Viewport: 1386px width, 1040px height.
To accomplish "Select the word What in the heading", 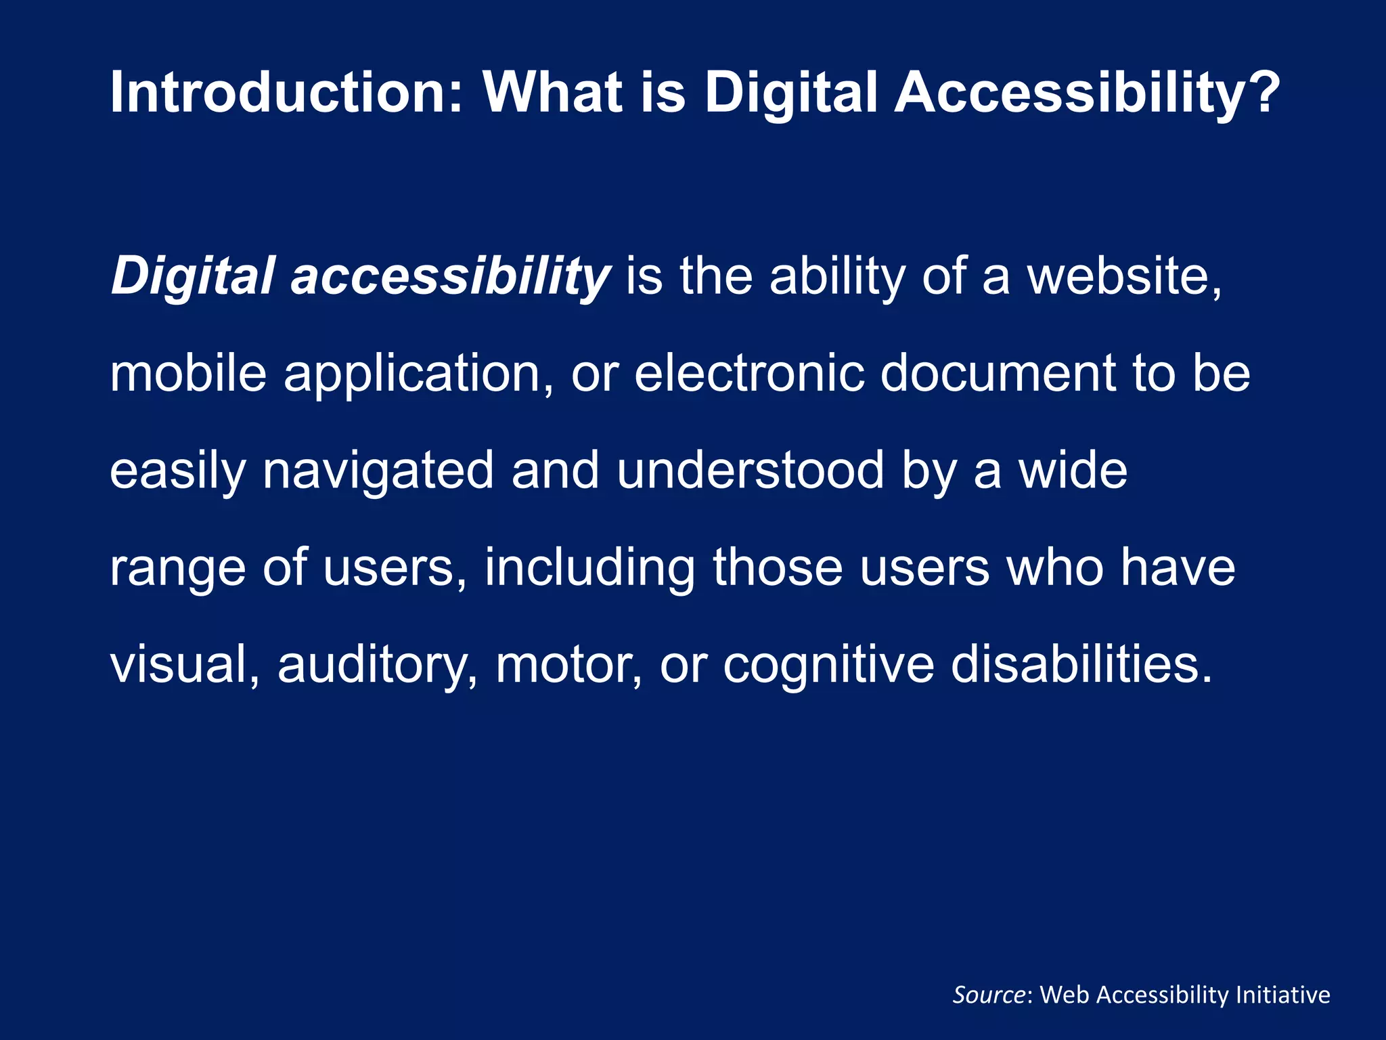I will click(552, 92).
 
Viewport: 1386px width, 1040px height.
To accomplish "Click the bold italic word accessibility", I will click(451, 276).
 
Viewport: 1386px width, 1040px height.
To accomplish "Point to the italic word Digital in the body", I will click(192, 276).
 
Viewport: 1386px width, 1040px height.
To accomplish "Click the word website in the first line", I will click(1123, 276).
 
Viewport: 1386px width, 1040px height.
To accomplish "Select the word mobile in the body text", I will click(188, 374).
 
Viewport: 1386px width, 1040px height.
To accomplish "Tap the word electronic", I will click(748, 374).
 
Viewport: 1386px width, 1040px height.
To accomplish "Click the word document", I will click(998, 374).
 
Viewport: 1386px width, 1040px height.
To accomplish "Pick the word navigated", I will click(378, 472).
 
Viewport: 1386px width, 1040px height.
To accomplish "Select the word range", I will click(177, 569).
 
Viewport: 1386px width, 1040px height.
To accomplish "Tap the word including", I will click(589, 568).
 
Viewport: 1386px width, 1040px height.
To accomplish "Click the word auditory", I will click(376, 666).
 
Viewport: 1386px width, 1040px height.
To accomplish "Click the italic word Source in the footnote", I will click(989, 995).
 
